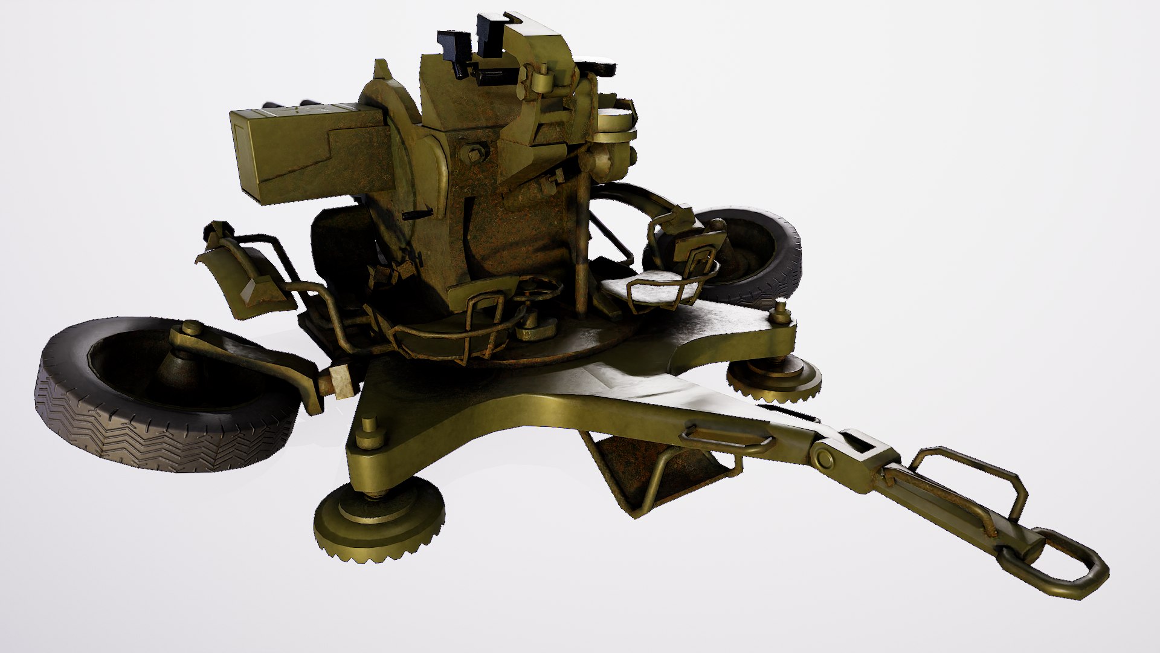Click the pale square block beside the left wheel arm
tap(342, 382)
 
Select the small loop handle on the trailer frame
tap(725, 441)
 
